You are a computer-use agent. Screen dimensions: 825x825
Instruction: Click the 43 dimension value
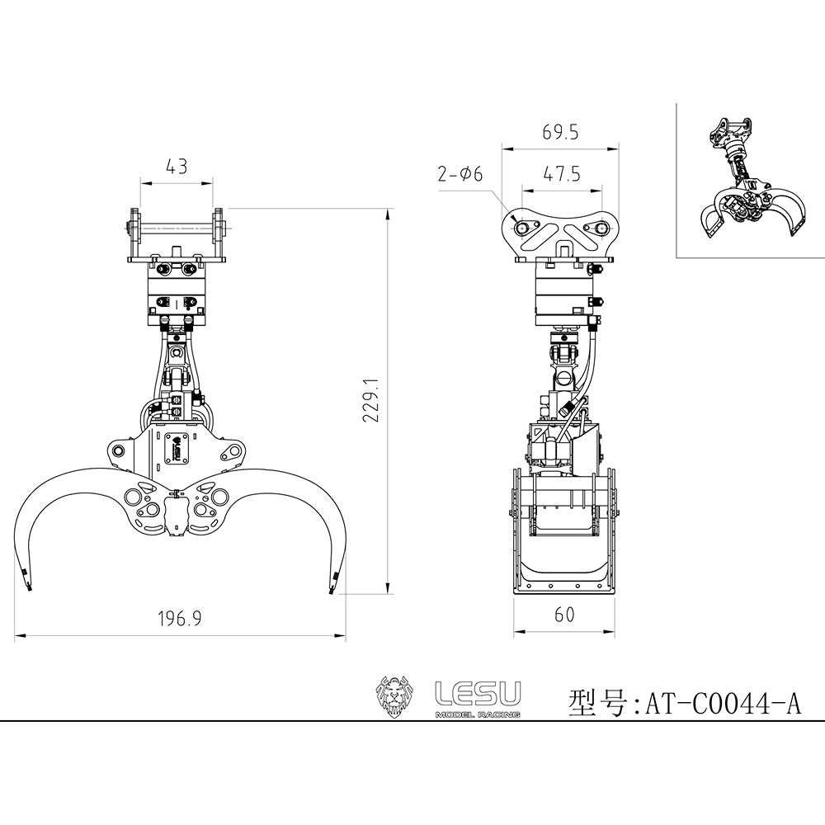(177, 166)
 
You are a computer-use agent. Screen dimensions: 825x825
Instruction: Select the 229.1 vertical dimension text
(370, 401)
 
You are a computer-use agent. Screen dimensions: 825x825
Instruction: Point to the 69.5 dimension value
(561, 132)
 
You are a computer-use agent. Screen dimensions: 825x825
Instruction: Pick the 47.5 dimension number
(561, 174)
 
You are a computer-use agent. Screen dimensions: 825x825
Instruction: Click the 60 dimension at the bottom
(564, 615)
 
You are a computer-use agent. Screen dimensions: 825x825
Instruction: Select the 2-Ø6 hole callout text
(460, 174)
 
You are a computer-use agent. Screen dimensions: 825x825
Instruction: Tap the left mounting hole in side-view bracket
(522, 224)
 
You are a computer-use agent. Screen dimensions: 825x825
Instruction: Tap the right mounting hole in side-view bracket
(601, 224)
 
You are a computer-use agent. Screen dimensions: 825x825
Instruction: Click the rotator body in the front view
(177, 297)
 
